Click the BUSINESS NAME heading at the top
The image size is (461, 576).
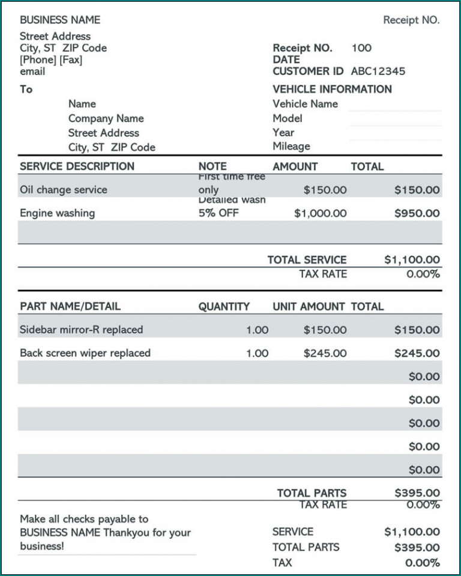[x=60, y=20]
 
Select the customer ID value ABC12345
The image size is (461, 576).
[x=378, y=71]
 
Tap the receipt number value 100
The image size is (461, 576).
[x=361, y=47]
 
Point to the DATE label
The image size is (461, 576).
[x=286, y=59]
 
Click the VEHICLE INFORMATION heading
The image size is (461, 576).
[x=332, y=89]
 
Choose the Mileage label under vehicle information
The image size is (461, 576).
[x=291, y=146]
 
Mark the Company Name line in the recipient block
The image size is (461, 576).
[x=106, y=118]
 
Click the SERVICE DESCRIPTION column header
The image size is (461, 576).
[x=77, y=166]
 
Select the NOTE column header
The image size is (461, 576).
[x=212, y=166]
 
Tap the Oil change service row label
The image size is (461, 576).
[x=63, y=190]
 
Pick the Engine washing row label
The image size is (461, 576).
[x=57, y=213]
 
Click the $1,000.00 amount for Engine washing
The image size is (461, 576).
[x=320, y=213]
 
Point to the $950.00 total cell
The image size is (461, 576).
[x=417, y=213]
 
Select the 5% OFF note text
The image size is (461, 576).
[x=218, y=213]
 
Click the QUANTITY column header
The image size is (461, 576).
[x=224, y=306]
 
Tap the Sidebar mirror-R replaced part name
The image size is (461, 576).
[x=81, y=330]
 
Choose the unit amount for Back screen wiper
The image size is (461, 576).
[x=325, y=353]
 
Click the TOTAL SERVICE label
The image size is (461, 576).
[x=307, y=260]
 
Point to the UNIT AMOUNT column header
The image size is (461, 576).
[x=309, y=306]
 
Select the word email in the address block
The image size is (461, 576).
[x=32, y=71]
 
